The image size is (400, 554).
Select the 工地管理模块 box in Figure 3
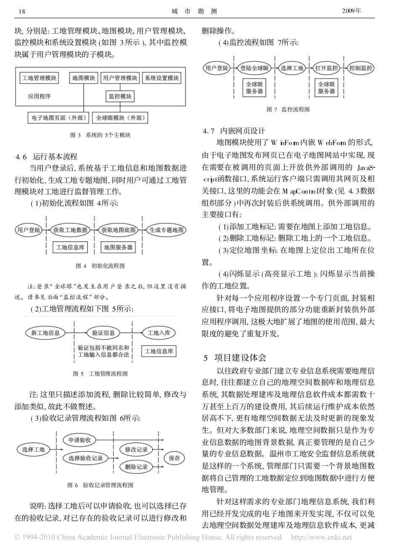(40, 78)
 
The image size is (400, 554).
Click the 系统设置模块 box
(162, 78)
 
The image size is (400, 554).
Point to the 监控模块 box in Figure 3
(120, 96)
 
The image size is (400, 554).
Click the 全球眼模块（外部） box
(120, 118)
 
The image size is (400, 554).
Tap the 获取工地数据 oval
(70, 230)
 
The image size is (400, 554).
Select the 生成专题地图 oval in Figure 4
(167, 230)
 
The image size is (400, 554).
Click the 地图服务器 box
(118, 247)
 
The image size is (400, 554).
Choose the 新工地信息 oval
(45, 333)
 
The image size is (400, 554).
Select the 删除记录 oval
(136, 466)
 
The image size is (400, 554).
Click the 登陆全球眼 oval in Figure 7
(255, 68)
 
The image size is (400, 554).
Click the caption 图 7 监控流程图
(288, 109)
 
